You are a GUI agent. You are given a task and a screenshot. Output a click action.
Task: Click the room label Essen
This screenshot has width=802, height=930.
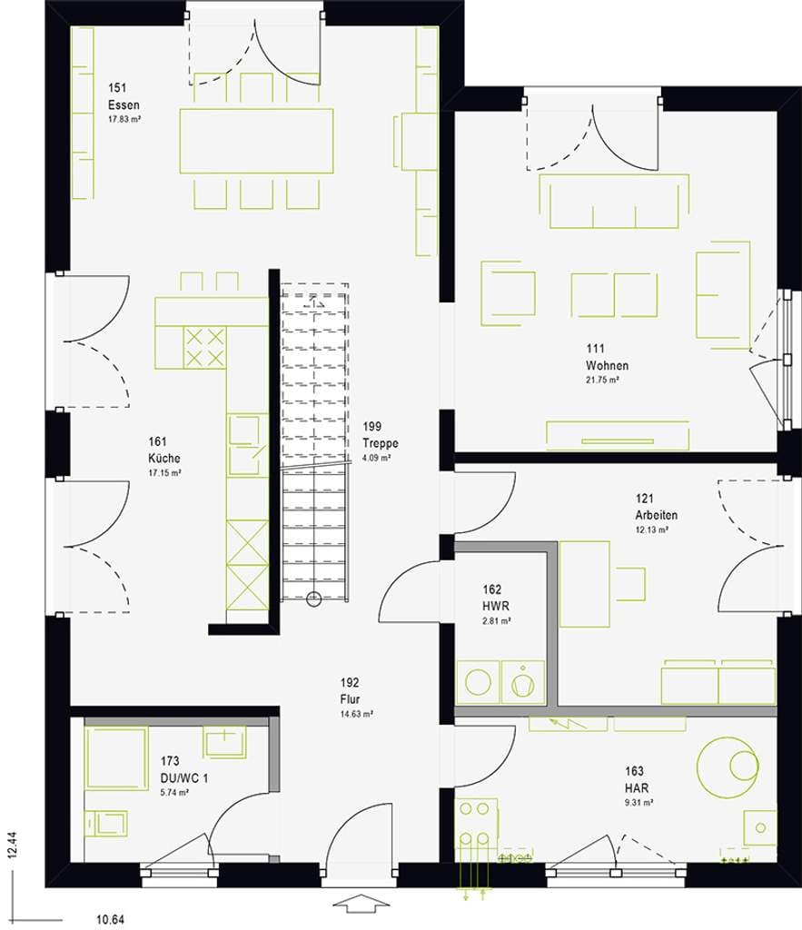pos(124,105)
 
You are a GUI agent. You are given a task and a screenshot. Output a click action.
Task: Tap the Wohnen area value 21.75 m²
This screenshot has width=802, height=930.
pos(602,380)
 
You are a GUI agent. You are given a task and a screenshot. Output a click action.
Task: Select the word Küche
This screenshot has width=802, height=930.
pos(164,458)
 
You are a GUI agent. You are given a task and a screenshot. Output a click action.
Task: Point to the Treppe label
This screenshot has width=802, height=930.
pos(381,443)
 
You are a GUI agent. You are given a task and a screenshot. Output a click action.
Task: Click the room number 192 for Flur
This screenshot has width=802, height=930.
pos(350,683)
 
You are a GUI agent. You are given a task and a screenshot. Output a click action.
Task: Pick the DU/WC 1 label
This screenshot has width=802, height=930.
pos(184,777)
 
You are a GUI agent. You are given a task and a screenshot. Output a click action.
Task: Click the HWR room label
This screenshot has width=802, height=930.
pos(495,606)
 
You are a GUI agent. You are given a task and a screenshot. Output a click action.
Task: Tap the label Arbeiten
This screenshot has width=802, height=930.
pos(656,515)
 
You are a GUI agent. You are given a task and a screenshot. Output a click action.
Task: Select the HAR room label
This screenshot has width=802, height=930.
pos(637,787)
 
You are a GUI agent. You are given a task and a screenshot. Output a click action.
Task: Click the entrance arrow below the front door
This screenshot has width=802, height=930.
pos(360,905)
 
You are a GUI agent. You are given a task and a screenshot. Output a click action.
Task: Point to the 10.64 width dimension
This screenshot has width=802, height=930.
pos(110,919)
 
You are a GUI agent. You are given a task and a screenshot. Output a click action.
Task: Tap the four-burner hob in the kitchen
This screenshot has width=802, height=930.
pos(204,348)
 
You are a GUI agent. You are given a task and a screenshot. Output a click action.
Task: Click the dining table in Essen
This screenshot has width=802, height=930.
pos(256,141)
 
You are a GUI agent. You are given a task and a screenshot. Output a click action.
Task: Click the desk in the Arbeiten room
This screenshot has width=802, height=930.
pos(584,584)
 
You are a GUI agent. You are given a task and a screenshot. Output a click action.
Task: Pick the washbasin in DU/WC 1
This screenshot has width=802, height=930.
pos(225,741)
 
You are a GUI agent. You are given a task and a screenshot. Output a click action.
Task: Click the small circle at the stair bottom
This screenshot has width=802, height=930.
pos(313,600)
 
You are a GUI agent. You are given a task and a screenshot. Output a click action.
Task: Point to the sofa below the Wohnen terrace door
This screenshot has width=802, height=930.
pos(614,202)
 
